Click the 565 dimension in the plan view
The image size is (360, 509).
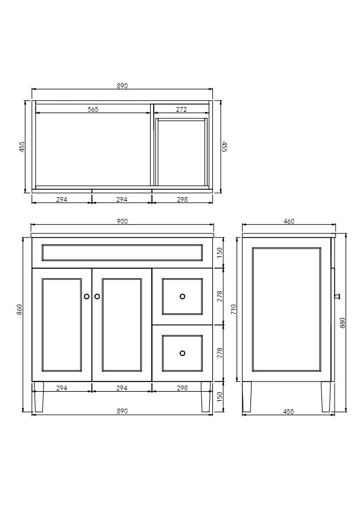pyautogui.click(x=93, y=109)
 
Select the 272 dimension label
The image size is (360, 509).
pyautogui.click(x=181, y=109)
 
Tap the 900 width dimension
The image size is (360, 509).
pyautogui.click(x=122, y=221)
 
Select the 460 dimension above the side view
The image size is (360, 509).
pyautogui.click(x=289, y=221)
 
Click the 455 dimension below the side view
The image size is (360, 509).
pyautogui.click(x=288, y=412)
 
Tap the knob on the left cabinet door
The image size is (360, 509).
pyautogui.click(x=87, y=297)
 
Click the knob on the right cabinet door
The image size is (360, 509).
pyautogui.click(x=97, y=297)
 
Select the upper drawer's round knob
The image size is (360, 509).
pyautogui.click(x=182, y=296)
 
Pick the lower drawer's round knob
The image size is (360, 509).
pyautogui.click(x=182, y=353)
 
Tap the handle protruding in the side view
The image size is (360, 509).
pyautogui.click(x=337, y=296)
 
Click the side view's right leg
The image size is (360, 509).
pyautogui.click(x=326, y=397)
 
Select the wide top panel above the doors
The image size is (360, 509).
pyautogui.click(x=122, y=253)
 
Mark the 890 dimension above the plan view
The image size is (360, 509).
pyautogui.click(x=122, y=86)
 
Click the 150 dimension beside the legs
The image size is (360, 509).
pyautogui.click(x=220, y=397)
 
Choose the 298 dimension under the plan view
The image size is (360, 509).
pyautogui.click(x=181, y=199)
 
